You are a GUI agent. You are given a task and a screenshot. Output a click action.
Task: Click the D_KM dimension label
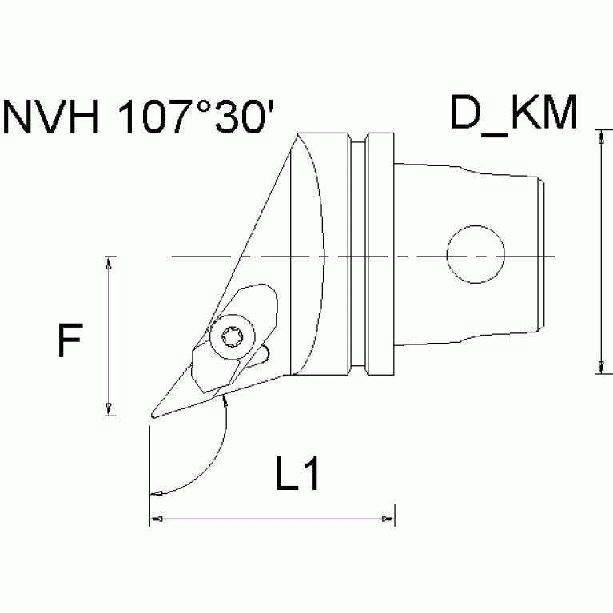coord(512,115)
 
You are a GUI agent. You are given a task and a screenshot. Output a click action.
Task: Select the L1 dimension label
coord(298,477)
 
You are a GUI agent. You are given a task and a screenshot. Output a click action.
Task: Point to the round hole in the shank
coord(476,257)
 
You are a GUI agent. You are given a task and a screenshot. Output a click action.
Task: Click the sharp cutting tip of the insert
coord(152,415)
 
